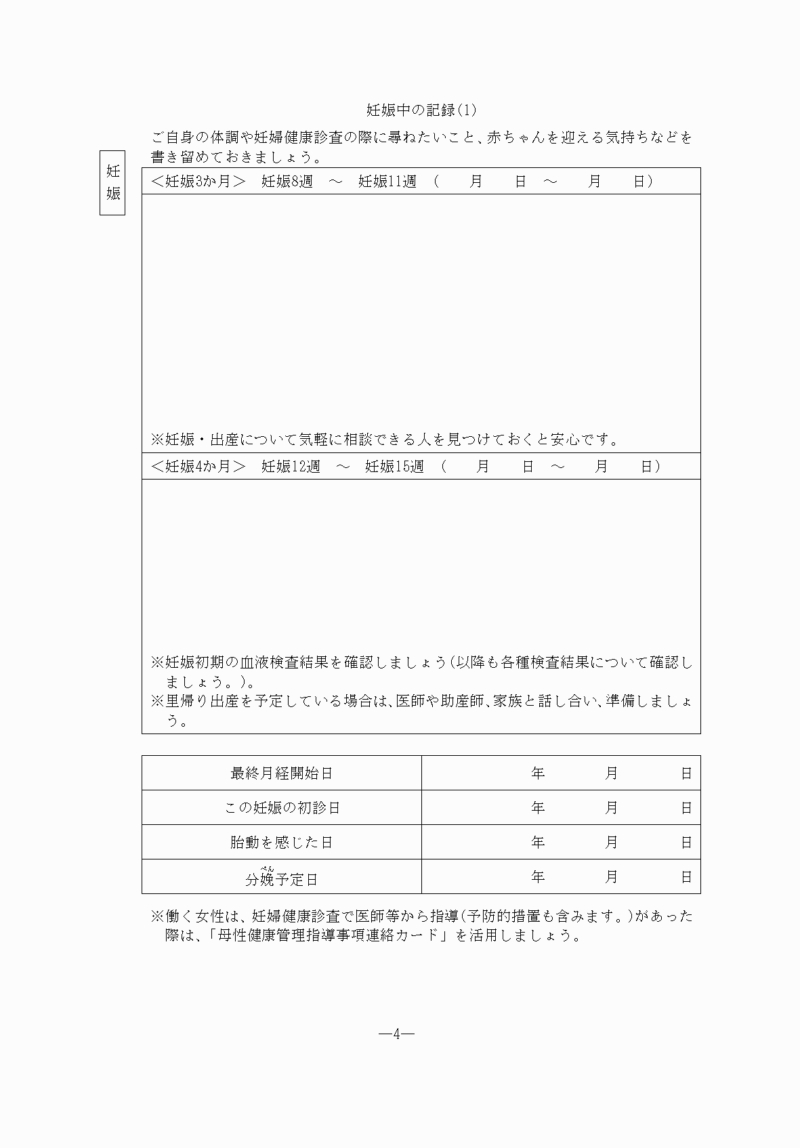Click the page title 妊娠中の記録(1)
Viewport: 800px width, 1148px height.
click(x=421, y=110)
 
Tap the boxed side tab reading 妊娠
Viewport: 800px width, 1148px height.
click(x=112, y=182)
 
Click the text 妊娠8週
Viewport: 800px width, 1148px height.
click(x=287, y=182)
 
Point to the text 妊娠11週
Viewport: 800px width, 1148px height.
click(x=387, y=182)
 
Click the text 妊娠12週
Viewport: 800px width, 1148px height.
click(x=291, y=467)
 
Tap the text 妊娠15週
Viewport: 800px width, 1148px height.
click(x=394, y=467)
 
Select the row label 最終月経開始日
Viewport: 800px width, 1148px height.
click(x=282, y=773)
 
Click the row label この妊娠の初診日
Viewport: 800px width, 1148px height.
click(x=282, y=808)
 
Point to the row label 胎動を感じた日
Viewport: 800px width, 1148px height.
click(x=282, y=843)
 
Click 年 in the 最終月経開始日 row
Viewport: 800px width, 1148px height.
click(x=538, y=773)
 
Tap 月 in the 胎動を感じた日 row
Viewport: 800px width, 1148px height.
click(x=611, y=843)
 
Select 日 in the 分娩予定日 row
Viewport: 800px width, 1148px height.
click(x=686, y=877)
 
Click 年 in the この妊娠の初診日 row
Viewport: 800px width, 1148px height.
click(x=538, y=808)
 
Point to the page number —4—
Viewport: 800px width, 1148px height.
click(x=396, y=1034)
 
